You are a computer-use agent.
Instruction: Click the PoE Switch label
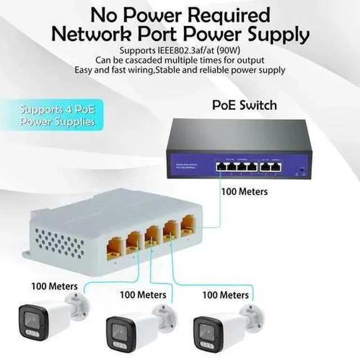click(244, 105)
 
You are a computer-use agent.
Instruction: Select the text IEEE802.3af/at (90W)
click(197, 49)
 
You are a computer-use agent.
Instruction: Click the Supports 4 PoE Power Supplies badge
click(57, 115)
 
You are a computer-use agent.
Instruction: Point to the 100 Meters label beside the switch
click(245, 192)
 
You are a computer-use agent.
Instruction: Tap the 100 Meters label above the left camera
click(55, 286)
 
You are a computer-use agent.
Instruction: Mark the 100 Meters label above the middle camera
click(143, 294)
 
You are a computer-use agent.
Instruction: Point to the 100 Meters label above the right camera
click(225, 294)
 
